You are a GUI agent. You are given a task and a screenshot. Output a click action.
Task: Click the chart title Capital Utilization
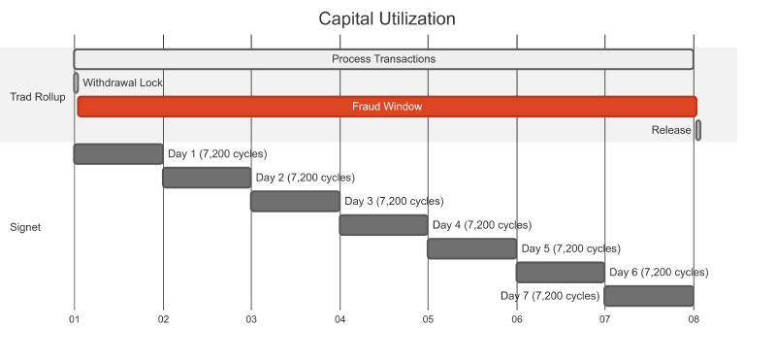(x=387, y=19)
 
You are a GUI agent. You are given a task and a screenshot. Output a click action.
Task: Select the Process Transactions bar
(x=383, y=59)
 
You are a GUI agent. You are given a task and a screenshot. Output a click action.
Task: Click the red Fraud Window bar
(x=387, y=107)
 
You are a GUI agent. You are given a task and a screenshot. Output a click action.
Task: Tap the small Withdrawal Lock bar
(x=76, y=82)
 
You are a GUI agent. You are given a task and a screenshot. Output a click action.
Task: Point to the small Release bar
(x=698, y=130)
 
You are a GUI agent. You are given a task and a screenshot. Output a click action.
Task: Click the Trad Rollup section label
(x=38, y=96)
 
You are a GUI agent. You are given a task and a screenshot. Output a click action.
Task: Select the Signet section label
(x=25, y=227)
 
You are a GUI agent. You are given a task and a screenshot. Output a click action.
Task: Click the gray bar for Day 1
(x=118, y=153)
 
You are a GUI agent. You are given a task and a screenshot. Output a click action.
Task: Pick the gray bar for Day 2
(x=207, y=178)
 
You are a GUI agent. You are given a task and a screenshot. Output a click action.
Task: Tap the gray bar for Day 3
(x=295, y=201)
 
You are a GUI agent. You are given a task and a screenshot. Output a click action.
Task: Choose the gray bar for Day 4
(x=383, y=225)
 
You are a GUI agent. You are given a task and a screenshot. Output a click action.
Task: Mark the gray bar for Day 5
(x=471, y=248)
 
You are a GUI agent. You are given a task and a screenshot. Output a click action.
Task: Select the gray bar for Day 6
(x=560, y=272)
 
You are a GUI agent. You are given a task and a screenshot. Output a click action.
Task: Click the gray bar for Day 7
(x=649, y=296)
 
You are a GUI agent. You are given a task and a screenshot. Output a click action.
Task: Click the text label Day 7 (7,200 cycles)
(x=550, y=296)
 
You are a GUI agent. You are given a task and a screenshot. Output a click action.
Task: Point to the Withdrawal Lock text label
(x=122, y=82)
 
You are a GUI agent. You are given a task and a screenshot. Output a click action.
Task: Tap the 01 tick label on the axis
(x=75, y=318)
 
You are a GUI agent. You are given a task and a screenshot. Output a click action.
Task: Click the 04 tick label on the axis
(x=339, y=318)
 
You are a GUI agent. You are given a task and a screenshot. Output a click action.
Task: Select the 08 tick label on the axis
(x=694, y=318)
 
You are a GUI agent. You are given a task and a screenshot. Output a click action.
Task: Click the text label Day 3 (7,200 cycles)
(x=394, y=201)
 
